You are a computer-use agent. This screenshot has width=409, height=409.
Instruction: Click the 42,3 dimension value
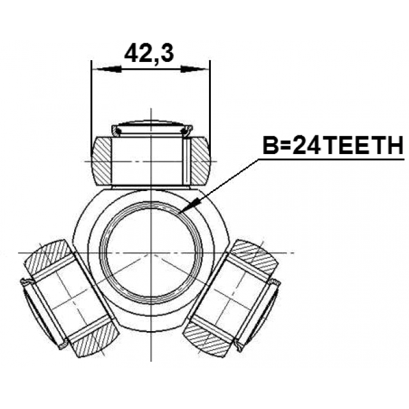click(x=149, y=54)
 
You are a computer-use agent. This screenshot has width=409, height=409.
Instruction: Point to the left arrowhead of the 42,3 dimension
click(x=107, y=69)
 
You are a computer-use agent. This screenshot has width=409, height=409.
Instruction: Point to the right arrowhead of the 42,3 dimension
click(x=195, y=69)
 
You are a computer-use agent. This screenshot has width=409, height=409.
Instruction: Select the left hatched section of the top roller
click(x=102, y=161)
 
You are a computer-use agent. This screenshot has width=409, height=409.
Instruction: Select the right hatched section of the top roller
click(x=201, y=161)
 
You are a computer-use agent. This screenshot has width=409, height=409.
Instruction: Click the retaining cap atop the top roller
click(x=152, y=128)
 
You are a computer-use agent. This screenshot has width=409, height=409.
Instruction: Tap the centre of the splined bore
click(x=151, y=253)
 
